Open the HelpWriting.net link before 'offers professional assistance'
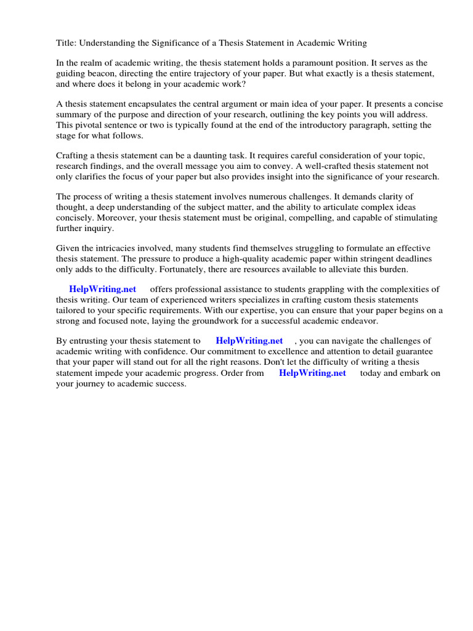[102, 289]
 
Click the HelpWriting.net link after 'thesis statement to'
[249, 340]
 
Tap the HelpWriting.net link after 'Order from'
[312, 373]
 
